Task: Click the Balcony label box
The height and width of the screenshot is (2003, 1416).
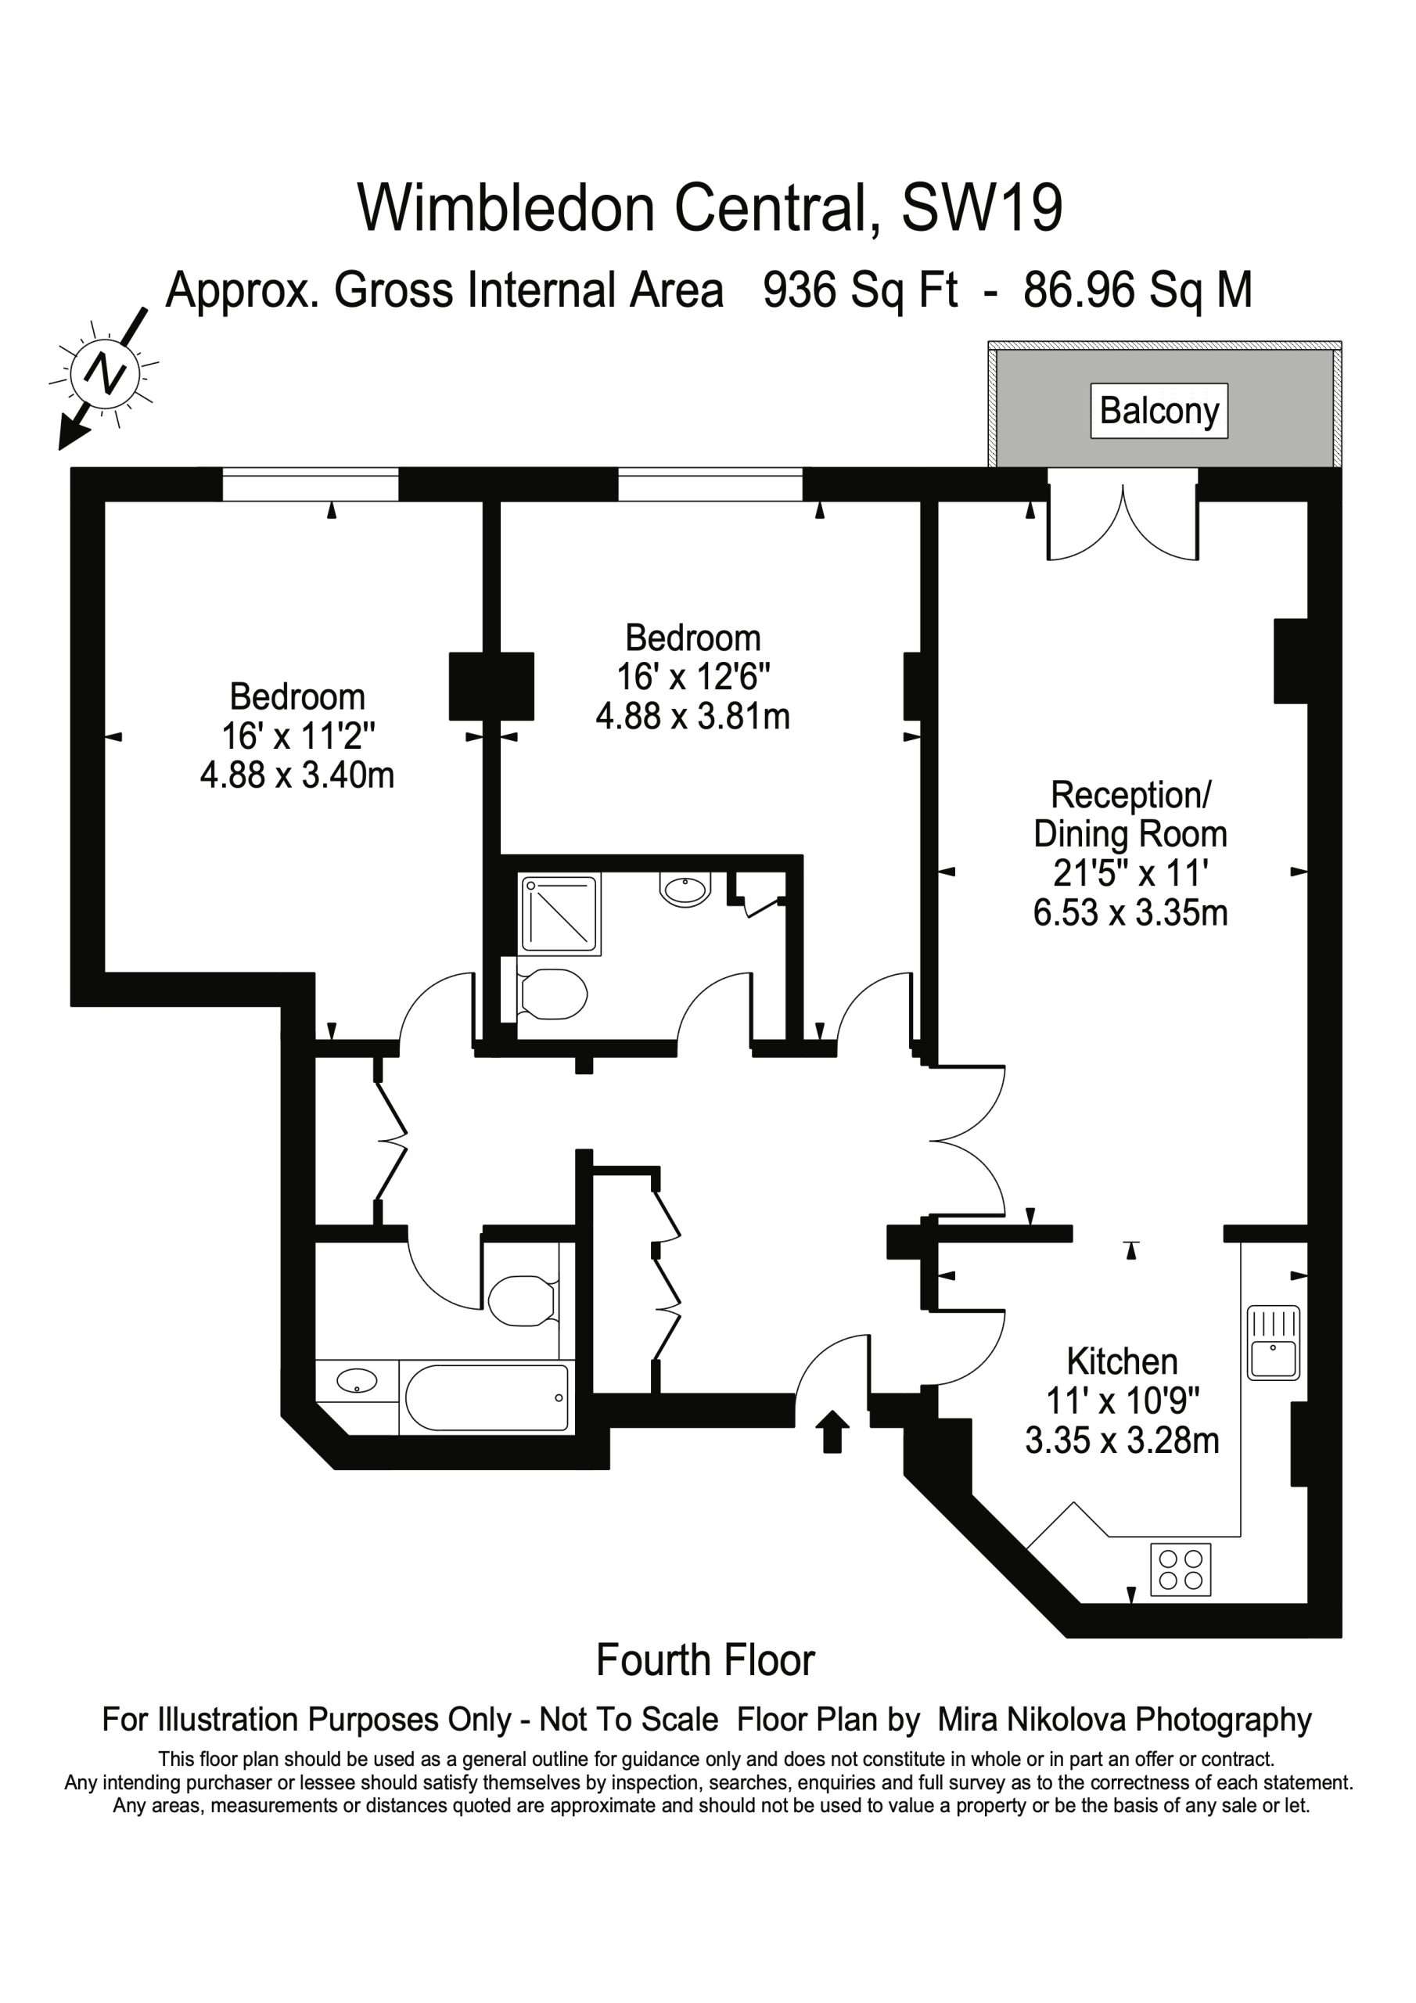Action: (1159, 411)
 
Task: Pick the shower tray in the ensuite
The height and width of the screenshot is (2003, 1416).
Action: (561, 915)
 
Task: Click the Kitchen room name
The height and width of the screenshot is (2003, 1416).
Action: (1122, 1361)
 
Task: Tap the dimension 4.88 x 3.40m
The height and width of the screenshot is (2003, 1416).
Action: (297, 775)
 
